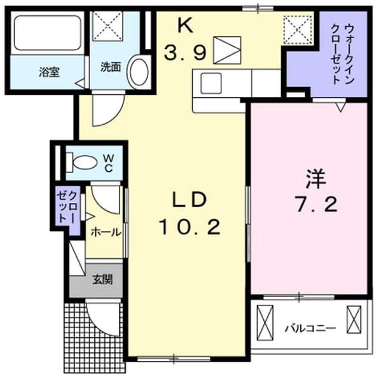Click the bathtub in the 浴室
(x=48, y=33)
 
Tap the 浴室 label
(x=49, y=72)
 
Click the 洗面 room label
(x=110, y=67)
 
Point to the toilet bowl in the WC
(x=85, y=163)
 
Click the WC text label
(x=109, y=163)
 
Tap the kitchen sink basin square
(x=211, y=83)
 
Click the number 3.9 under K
(x=185, y=53)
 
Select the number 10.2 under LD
(x=189, y=227)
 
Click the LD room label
(x=189, y=200)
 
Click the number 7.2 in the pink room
(x=316, y=204)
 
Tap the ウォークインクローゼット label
(x=342, y=54)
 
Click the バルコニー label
(x=310, y=328)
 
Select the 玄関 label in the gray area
(x=103, y=279)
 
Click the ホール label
(x=106, y=232)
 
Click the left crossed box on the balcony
(x=265, y=322)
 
